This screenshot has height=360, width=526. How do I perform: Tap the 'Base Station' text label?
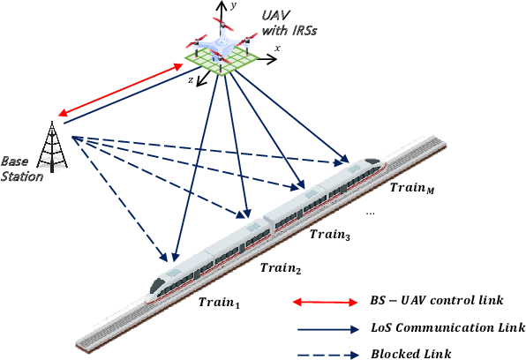[22, 169]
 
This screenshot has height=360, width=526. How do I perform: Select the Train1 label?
[220, 302]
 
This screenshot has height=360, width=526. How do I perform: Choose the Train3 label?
[329, 236]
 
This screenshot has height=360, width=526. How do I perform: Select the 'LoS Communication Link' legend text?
[448, 327]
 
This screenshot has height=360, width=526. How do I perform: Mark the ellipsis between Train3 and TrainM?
[372, 213]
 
